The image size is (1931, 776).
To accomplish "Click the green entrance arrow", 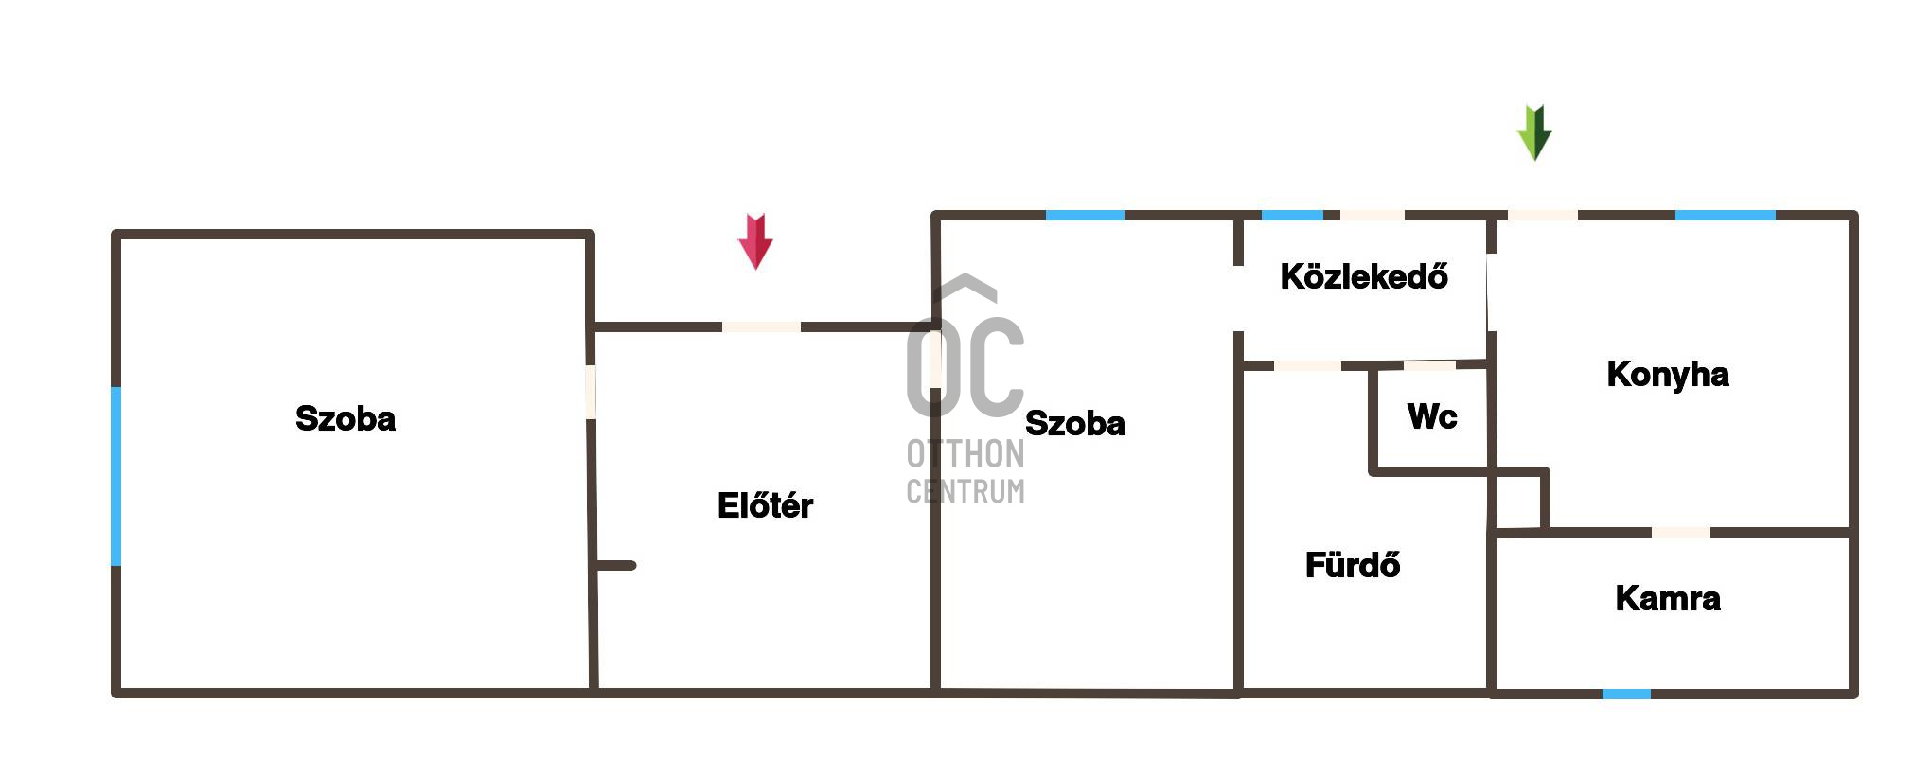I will coord(1534,132).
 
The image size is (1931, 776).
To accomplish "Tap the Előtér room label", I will coord(765,505).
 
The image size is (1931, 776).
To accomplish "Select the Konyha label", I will coord(1667,375).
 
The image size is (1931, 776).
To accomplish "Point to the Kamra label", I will coord(1667,598).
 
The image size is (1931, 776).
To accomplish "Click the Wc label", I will coord(1431,416).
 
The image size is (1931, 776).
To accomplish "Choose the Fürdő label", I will coord(1352,565).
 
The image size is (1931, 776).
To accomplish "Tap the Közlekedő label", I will coord(1363,276).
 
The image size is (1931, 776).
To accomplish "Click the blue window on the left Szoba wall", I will coord(116,476).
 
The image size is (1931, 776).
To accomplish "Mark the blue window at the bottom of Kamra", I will coord(1626,694).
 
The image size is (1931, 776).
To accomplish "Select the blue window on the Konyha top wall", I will coord(1725,216).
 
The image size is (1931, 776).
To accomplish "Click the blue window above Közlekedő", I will coord(1292,216).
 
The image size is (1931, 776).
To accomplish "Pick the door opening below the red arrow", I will coord(761,327).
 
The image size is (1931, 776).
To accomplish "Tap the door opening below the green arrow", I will coord(1542,216).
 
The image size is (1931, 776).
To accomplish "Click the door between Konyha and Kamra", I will coord(1681,533).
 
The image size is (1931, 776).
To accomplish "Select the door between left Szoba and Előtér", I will coord(591,392).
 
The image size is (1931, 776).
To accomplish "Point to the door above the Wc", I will coord(1429,365).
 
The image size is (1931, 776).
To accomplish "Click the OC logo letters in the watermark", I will coord(965,364).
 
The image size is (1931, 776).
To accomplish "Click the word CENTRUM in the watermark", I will coord(965,491).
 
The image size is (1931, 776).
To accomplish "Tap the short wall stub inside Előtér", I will coord(615,566).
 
